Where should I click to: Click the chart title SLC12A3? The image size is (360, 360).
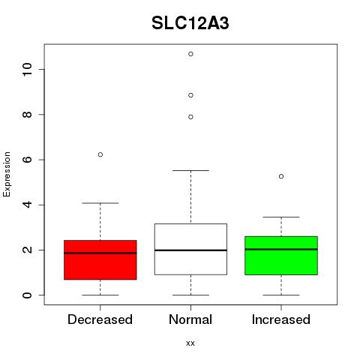190,23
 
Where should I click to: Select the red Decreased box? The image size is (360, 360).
100,259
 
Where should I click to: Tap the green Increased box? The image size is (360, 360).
281,256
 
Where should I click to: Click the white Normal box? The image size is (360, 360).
190,249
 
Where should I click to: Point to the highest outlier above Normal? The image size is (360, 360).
190,54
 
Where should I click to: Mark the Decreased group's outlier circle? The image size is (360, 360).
100,154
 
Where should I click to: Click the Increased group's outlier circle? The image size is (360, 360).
281,176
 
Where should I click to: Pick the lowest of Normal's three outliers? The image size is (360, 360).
190,117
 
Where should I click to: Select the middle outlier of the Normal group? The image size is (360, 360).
190,95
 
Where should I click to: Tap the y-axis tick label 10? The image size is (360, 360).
27,69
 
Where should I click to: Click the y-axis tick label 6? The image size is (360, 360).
27,160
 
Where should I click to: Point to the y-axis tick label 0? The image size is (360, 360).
27,295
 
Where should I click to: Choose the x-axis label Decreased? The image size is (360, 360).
100,319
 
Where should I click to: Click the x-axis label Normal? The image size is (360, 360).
190,319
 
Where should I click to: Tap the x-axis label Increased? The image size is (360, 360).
281,319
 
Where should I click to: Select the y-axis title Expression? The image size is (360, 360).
7,174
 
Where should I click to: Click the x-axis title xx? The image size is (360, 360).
190,343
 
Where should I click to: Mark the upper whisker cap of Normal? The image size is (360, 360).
190,170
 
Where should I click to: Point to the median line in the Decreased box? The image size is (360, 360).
100,253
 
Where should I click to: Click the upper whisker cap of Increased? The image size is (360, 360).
281,217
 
